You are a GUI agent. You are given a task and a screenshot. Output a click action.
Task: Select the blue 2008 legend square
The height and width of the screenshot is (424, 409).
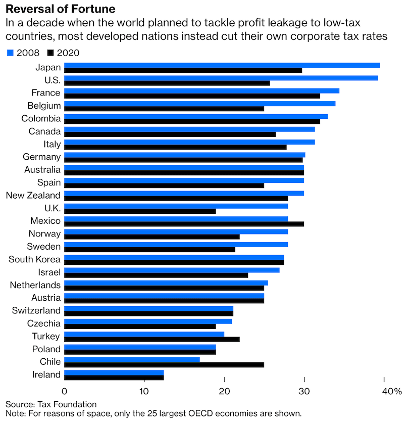[x=10, y=53]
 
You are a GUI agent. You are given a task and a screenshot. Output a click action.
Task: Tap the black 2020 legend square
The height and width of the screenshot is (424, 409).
[x=50, y=53]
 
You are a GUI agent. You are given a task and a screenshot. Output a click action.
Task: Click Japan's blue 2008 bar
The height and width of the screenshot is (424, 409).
[x=222, y=65]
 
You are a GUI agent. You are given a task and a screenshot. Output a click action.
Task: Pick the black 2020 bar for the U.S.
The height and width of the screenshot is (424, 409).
[x=167, y=83]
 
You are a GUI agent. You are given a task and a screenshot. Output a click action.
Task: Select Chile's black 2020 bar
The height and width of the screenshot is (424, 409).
[x=164, y=364]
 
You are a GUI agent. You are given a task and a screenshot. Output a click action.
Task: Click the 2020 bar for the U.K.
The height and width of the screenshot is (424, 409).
[x=140, y=211]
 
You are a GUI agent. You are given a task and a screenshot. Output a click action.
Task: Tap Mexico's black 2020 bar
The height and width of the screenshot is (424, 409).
[x=184, y=224]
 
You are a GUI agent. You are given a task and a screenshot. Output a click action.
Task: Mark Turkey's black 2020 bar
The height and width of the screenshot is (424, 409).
[x=152, y=339]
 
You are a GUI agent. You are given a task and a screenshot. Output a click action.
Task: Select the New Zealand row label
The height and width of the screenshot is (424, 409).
[x=33, y=195]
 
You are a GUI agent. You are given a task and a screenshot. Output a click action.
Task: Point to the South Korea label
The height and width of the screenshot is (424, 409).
[x=34, y=259]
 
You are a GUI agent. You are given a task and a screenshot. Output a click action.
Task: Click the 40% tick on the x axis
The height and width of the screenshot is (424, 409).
[x=391, y=391]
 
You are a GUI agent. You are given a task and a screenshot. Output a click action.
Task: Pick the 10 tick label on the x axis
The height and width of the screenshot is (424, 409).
[x=144, y=391]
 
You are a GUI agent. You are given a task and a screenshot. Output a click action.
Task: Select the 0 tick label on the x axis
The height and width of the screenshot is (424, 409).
[x=65, y=391]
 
